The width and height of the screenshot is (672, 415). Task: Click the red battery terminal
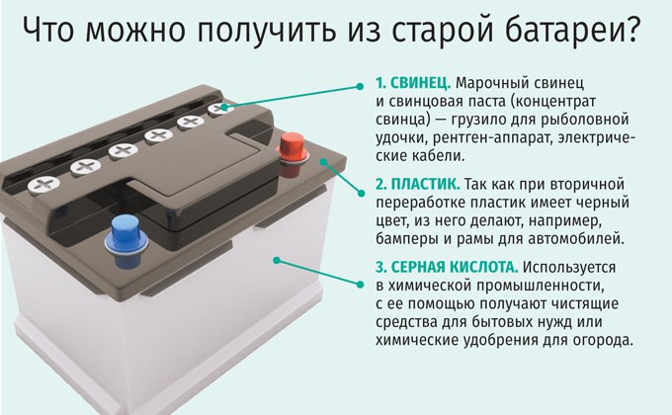[x=292, y=154]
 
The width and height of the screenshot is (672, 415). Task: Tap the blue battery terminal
[x=126, y=241]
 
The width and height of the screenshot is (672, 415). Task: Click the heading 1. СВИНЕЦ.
[x=413, y=83]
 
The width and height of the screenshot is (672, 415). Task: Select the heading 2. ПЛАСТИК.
[x=418, y=185]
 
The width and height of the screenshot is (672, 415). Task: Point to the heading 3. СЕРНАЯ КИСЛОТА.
[x=447, y=267]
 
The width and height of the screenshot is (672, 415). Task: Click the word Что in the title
[x=48, y=30]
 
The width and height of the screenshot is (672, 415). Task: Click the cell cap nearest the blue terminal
[x=43, y=185]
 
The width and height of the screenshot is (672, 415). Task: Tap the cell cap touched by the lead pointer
[x=220, y=108]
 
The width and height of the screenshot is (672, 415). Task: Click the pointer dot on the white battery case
[x=277, y=260]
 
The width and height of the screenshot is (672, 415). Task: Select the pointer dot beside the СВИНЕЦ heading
[x=360, y=87]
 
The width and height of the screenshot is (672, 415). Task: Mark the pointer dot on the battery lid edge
[x=323, y=162]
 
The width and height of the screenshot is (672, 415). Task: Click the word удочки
[x=400, y=138]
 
